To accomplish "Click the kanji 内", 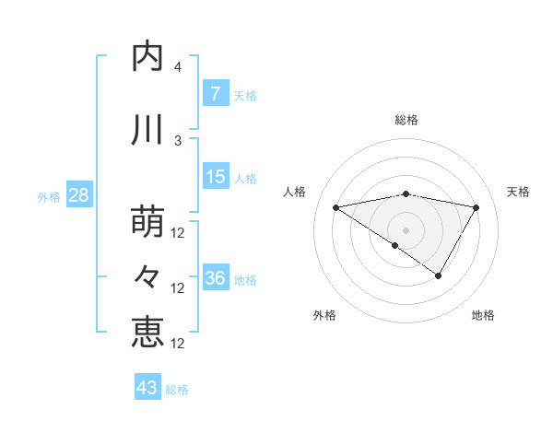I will (x=148, y=57).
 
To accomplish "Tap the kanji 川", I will (x=148, y=130).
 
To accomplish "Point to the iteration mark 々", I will (x=148, y=275).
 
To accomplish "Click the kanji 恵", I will (x=148, y=331).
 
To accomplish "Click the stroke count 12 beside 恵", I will (x=179, y=343).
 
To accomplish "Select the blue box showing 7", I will (x=215, y=94).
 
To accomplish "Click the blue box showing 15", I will (x=215, y=177).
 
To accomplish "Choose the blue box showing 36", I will (x=215, y=278).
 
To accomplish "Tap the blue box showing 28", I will (x=78, y=195).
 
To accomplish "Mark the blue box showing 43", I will (x=147, y=388).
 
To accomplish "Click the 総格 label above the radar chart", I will (x=406, y=120).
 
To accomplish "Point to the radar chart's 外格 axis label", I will (x=324, y=315).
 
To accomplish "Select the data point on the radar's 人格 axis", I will (x=336, y=208).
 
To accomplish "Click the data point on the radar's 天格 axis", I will (x=476, y=208).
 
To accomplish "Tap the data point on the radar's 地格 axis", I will (x=439, y=275).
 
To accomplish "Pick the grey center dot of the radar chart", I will (x=406, y=229).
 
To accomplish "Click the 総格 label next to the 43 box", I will (x=177, y=390).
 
